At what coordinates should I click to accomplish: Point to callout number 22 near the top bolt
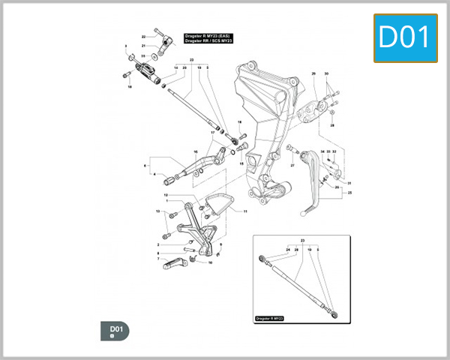[x=144, y=37]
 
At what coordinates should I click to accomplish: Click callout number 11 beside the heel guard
[x=244, y=211]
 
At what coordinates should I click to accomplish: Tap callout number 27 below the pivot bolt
[x=292, y=166]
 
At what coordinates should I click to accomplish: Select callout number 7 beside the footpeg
[x=158, y=259]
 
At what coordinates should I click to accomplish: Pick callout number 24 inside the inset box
[x=287, y=249]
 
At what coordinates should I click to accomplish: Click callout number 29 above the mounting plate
[x=313, y=74]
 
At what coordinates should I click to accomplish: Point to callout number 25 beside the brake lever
[x=349, y=193]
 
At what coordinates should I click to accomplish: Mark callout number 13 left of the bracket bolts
[x=158, y=212]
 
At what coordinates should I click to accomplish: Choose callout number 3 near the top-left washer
[x=126, y=46]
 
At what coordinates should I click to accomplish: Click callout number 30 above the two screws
[x=326, y=74]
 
